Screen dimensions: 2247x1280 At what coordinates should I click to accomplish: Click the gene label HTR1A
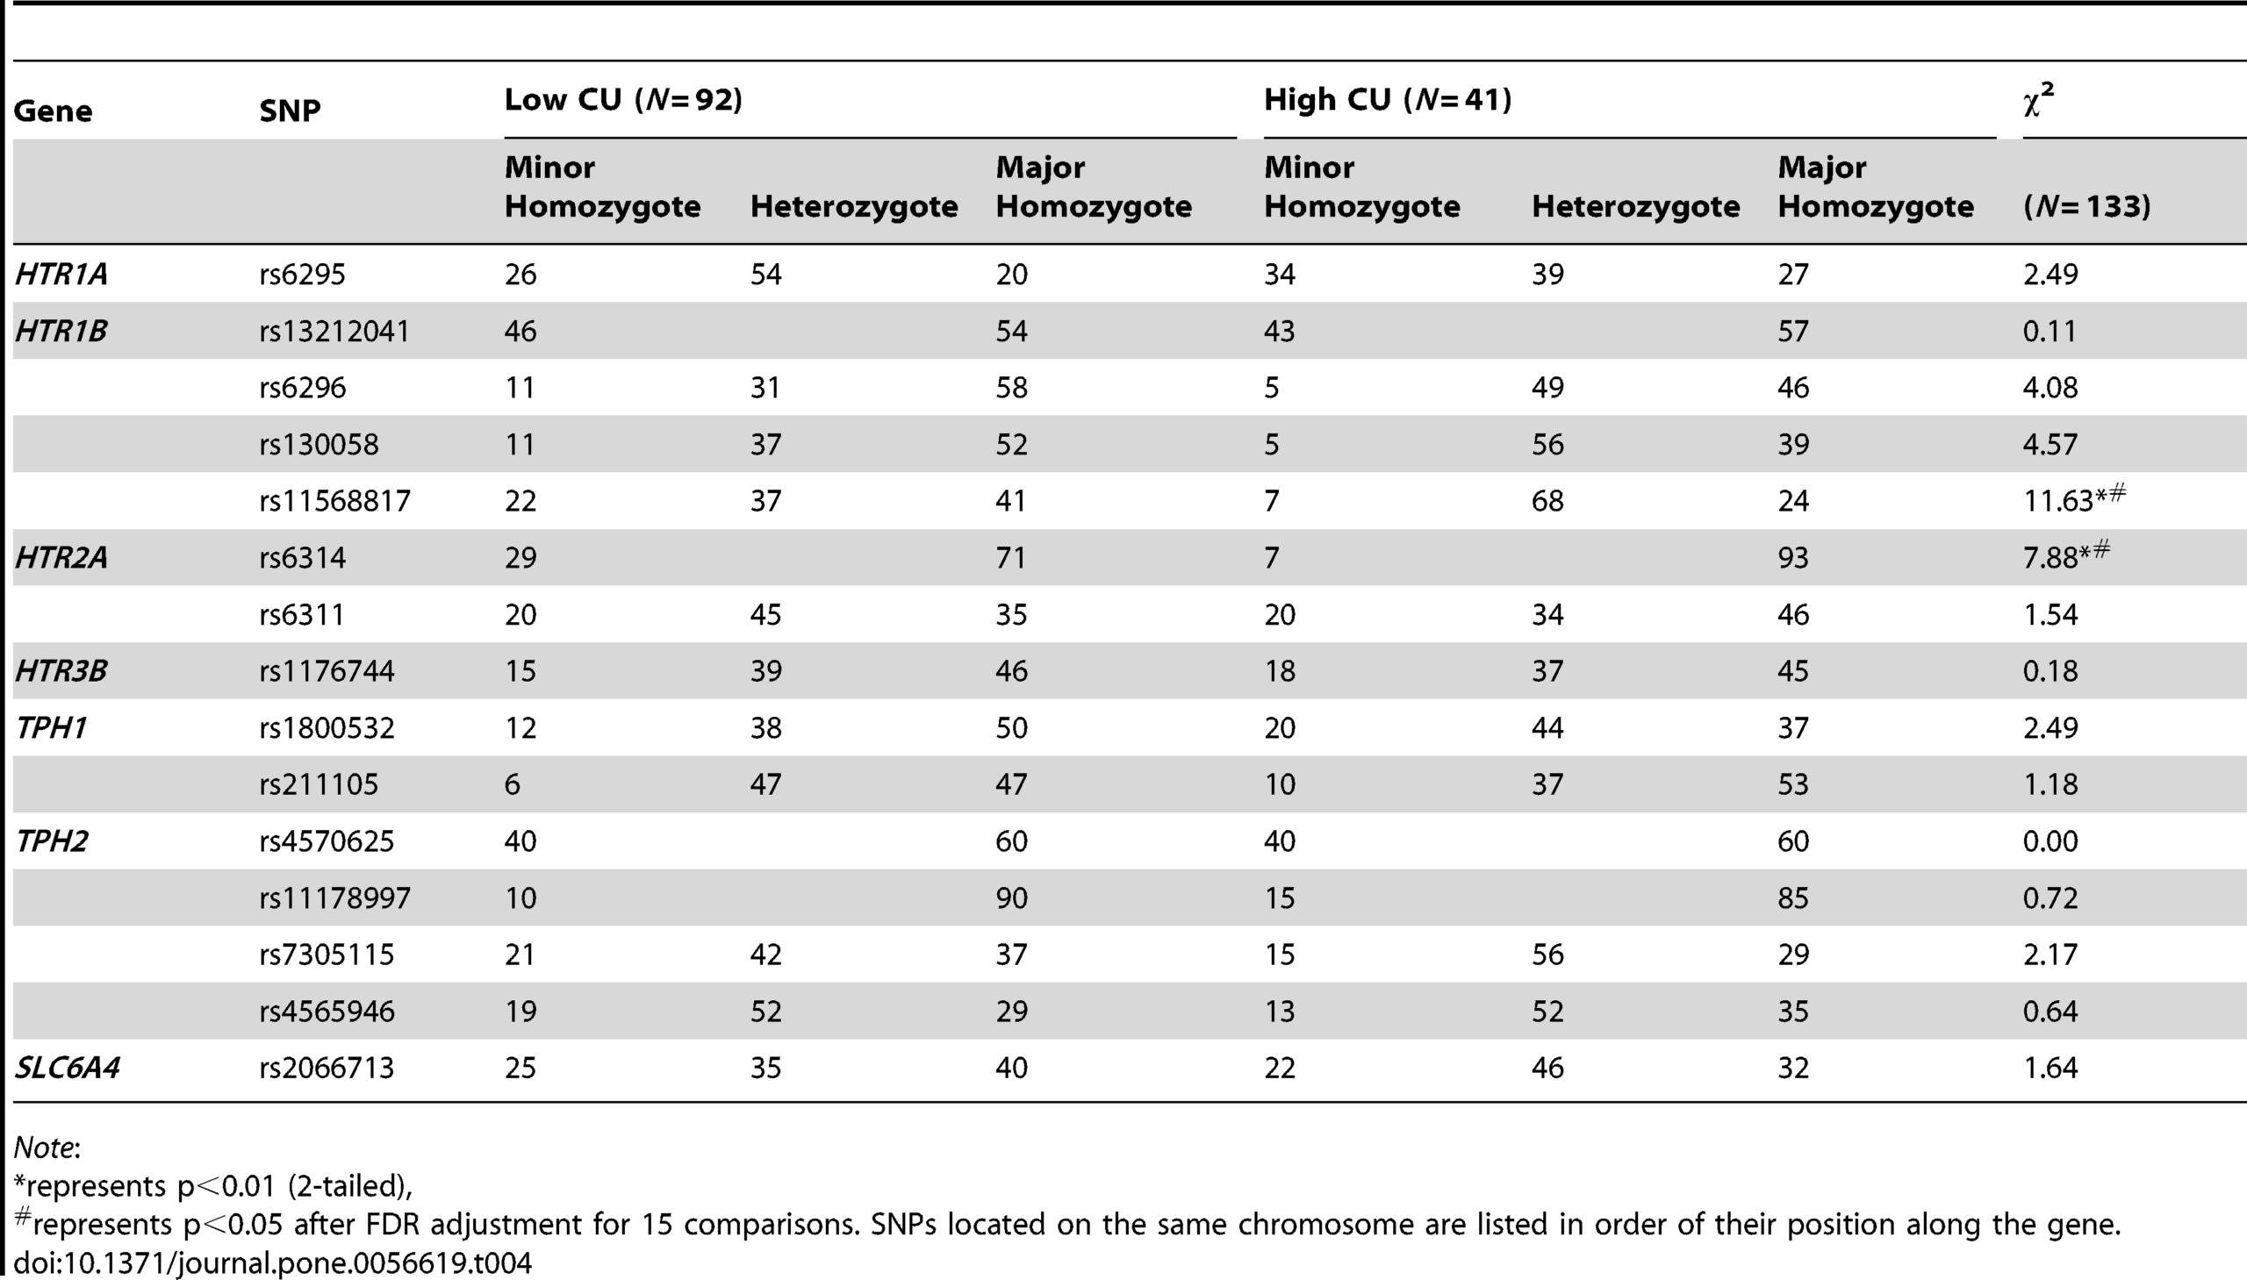[61, 275]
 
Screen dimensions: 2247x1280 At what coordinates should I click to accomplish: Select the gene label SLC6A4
[68, 1069]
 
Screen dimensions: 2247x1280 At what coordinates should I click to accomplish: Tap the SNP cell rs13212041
[334, 332]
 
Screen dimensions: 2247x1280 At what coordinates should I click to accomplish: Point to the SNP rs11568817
[334, 501]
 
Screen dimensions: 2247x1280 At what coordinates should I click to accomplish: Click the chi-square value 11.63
[2058, 501]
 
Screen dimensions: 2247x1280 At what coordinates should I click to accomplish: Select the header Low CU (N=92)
[623, 100]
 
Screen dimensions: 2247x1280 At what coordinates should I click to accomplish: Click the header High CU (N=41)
[1388, 100]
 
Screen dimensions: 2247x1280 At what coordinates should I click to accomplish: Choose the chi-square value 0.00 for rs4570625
[2050, 841]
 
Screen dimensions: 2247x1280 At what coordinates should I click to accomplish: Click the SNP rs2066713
[327, 1069]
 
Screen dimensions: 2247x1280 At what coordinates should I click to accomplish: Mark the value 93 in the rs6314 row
[1793, 557]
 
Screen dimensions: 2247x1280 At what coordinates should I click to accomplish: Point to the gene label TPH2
[52, 841]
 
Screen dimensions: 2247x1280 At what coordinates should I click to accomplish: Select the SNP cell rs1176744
[327, 671]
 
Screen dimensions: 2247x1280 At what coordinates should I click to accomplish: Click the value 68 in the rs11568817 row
[1547, 501]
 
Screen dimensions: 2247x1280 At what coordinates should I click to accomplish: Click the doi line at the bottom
[273, 1264]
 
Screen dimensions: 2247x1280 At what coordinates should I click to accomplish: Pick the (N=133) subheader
[2087, 206]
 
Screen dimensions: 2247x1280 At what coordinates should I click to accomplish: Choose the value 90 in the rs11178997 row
[1011, 897]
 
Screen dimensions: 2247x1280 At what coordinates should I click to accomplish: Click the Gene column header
[53, 111]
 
